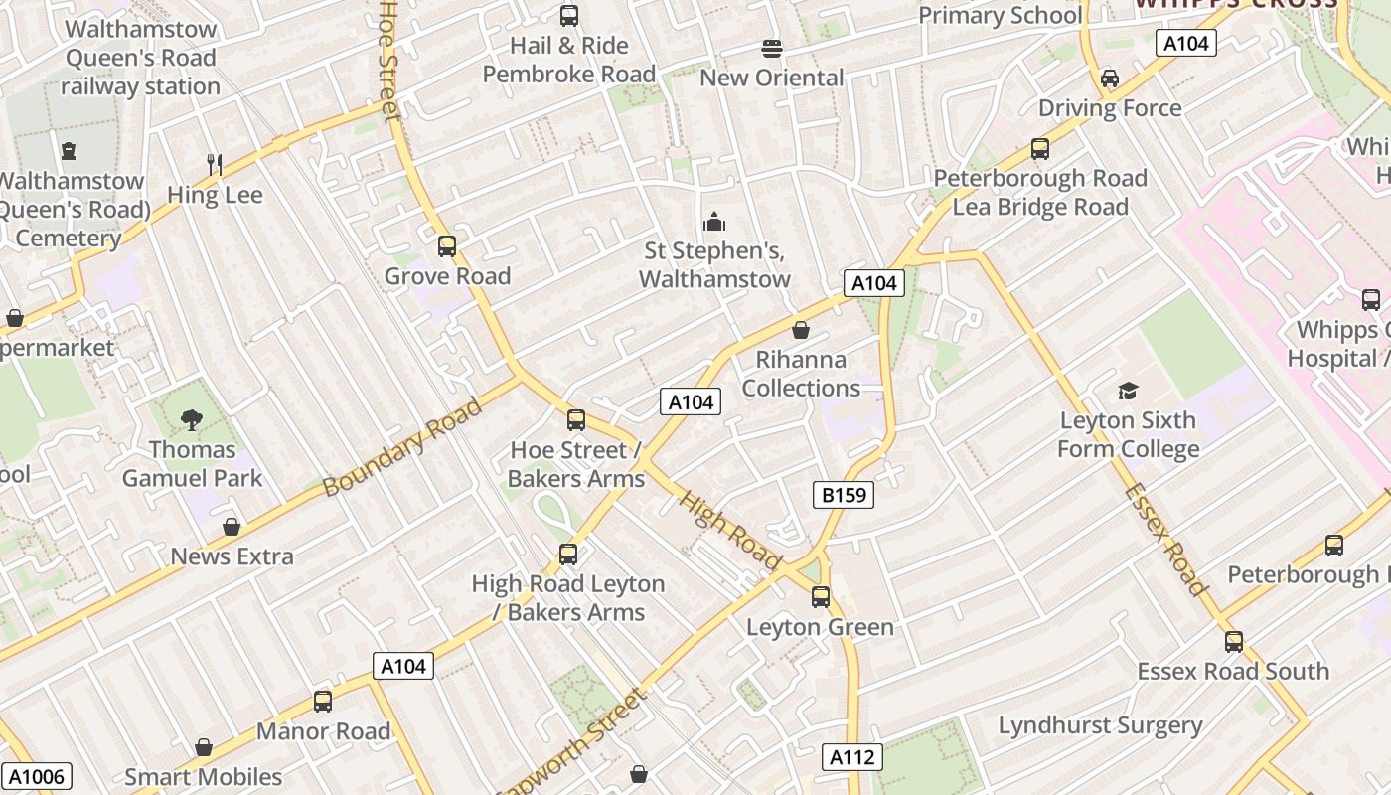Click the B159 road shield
[x=844, y=494]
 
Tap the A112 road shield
[x=852, y=757]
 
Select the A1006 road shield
[x=36, y=776]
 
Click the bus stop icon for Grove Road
[x=447, y=246]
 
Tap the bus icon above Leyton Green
[x=821, y=597]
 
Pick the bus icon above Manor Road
[x=323, y=702]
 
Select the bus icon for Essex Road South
[x=1234, y=642]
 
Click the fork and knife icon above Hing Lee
[x=215, y=164]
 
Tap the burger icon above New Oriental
[x=772, y=48]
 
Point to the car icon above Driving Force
[x=1110, y=79]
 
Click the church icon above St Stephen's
[x=713, y=222]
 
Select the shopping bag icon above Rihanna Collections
[x=801, y=330]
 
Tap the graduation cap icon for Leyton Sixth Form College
[x=1128, y=391]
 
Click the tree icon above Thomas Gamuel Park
[x=192, y=420]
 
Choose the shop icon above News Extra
[x=232, y=527]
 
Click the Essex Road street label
[x=1166, y=540]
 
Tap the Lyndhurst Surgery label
[x=1100, y=725]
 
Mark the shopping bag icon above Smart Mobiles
[x=204, y=747]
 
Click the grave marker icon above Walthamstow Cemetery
[x=68, y=151]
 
